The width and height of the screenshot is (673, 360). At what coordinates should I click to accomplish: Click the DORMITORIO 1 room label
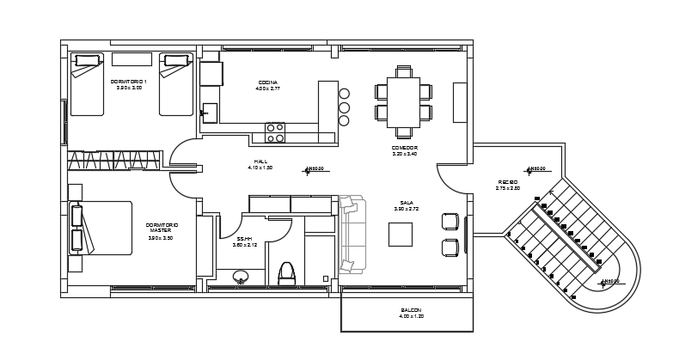click(129, 82)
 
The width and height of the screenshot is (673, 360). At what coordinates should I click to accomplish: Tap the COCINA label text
click(267, 83)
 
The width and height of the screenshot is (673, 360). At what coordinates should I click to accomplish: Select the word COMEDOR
click(404, 148)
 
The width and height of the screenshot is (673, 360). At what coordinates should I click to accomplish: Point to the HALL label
click(260, 162)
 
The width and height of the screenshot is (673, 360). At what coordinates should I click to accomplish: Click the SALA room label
click(407, 203)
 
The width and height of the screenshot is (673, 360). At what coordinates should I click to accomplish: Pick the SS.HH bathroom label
click(244, 239)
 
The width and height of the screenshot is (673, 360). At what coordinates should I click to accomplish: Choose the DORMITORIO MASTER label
click(161, 228)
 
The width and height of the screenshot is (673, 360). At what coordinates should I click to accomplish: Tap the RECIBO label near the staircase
click(507, 182)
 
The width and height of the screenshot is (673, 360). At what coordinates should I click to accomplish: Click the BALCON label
click(411, 310)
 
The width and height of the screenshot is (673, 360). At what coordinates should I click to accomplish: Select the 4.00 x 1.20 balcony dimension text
click(411, 317)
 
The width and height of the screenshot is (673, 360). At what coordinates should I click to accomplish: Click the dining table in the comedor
click(403, 102)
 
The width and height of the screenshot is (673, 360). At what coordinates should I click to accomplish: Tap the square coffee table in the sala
click(400, 234)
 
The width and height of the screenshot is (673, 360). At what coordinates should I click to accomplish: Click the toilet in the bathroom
click(287, 273)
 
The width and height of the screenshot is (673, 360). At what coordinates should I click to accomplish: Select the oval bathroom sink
click(242, 277)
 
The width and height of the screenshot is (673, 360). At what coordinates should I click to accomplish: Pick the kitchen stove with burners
click(275, 132)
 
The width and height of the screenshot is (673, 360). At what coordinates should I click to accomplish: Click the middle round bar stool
click(344, 107)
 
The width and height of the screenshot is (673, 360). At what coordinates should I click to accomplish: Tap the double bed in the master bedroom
click(101, 228)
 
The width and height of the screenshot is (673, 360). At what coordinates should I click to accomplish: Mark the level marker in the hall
click(308, 170)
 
